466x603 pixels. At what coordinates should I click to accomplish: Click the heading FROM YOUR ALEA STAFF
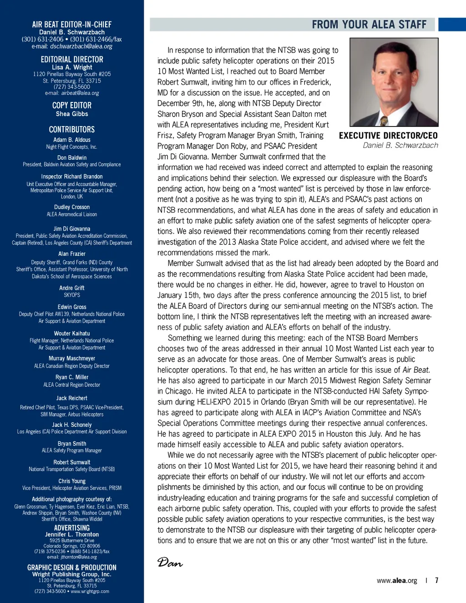[x=369, y=25]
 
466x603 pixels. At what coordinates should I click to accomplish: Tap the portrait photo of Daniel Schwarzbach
[x=394, y=82]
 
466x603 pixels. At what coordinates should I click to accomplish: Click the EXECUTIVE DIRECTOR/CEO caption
[x=388, y=136]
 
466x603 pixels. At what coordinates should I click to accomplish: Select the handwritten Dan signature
[x=170, y=563]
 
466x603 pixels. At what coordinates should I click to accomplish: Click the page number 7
[x=437, y=580]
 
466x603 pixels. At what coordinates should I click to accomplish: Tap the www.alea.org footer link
[x=397, y=581]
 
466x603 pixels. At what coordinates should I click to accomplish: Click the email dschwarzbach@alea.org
[x=81, y=46]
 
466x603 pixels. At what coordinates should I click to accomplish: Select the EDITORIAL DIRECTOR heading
[x=72, y=60]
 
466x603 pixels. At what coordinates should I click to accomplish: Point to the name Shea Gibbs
[x=72, y=114]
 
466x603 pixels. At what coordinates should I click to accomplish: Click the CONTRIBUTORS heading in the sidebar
[x=72, y=130]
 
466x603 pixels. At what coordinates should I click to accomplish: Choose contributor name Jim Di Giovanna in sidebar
[x=72, y=229]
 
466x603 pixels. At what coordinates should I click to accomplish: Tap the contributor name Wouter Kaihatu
[x=72, y=334]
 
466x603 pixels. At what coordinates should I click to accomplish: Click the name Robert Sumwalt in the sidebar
[x=72, y=462]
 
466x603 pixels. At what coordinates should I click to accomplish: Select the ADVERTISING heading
[x=72, y=528]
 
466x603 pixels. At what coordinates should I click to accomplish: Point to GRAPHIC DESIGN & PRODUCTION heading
[x=72, y=568]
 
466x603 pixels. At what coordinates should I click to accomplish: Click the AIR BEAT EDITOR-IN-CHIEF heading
[x=72, y=25]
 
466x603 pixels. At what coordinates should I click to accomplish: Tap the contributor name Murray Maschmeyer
[x=72, y=359]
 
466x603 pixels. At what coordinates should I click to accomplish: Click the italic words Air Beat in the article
[x=416, y=370]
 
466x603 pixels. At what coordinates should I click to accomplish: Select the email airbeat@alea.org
[x=80, y=93]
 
